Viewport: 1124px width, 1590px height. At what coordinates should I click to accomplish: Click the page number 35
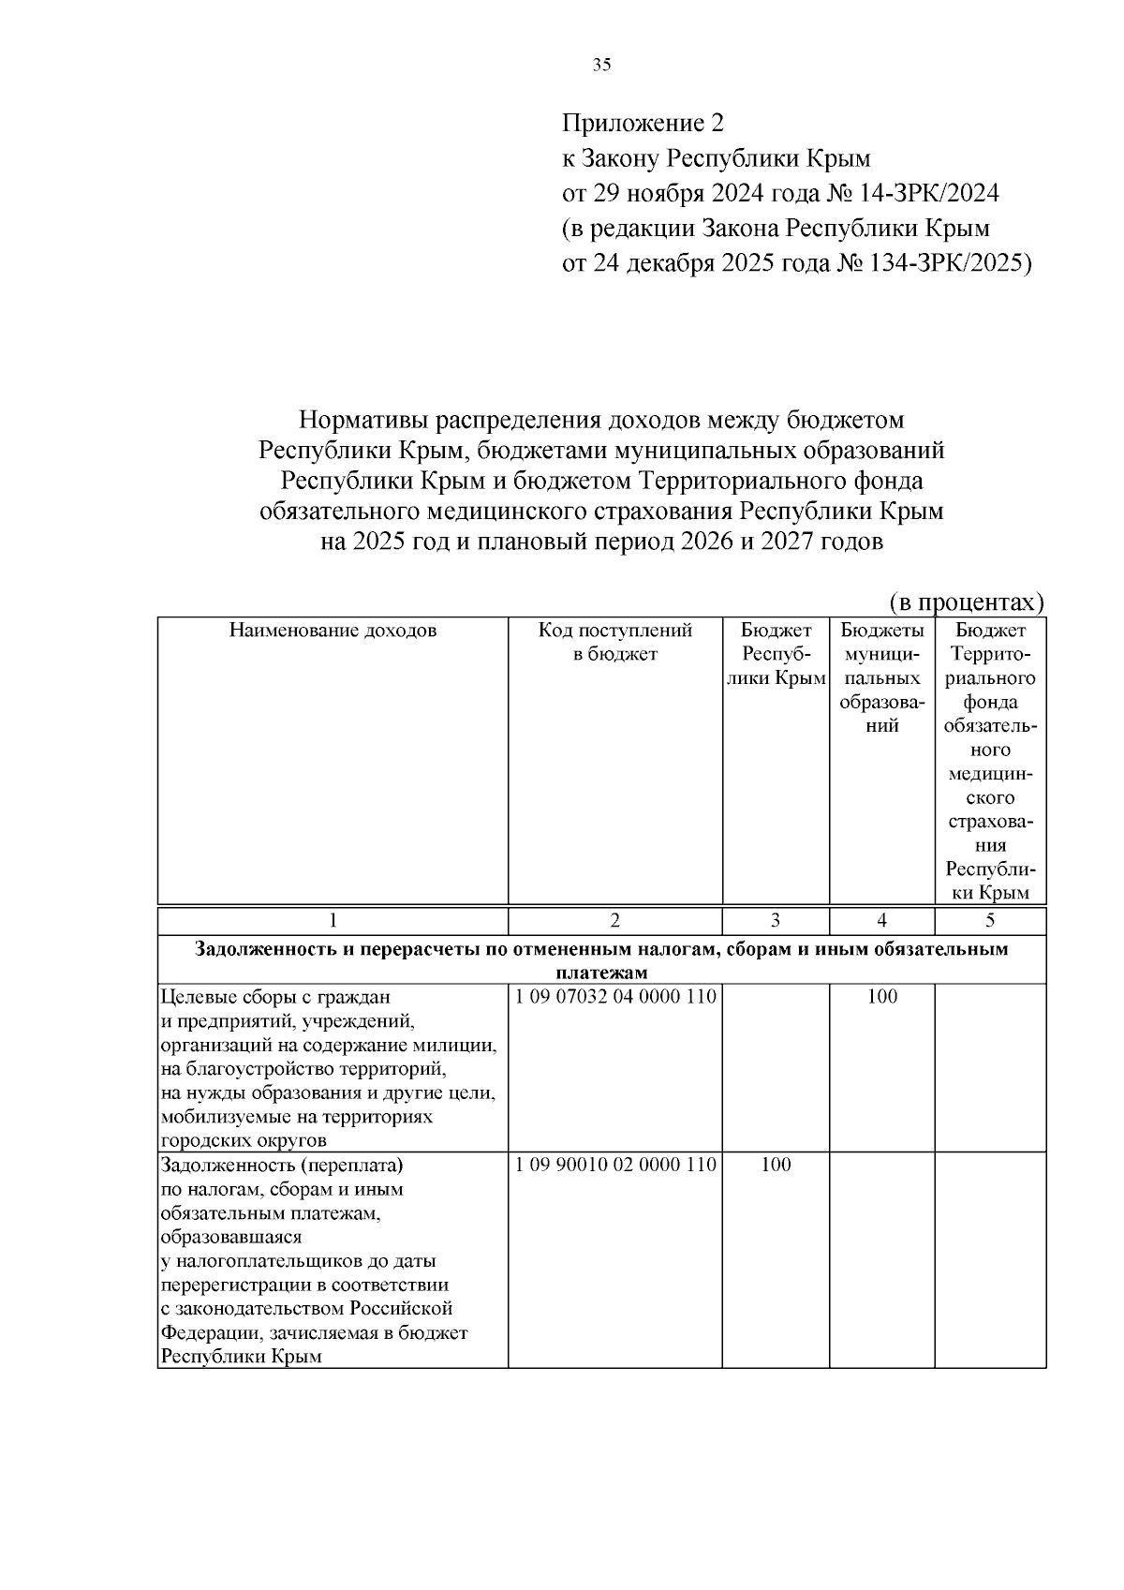pos(602,65)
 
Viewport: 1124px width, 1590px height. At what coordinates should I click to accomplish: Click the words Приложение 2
pos(643,123)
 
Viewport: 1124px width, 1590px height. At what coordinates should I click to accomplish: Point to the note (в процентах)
pos(966,602)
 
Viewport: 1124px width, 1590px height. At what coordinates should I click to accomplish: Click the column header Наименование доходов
pos(333,631)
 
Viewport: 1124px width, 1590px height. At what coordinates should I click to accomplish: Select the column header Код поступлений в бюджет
pos(614,642)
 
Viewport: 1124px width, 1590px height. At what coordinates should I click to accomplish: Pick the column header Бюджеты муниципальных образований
pos(881,677)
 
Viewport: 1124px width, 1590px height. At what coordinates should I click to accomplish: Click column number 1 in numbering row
pos(333,920)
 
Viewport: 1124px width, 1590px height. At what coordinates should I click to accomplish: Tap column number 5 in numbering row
pos(990,920)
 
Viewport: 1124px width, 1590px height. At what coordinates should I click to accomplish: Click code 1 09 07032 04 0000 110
pos(615,996)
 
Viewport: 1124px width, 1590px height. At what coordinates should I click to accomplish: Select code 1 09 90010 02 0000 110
pos(615,1165)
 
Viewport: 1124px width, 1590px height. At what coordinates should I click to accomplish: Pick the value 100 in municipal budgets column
pos(881,996)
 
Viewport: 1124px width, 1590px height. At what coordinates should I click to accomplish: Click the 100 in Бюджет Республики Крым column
pos(776,1165)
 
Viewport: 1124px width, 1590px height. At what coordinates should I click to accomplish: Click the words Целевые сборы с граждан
pos(275,996)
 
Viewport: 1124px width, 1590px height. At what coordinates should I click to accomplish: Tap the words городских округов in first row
pos(244,1141)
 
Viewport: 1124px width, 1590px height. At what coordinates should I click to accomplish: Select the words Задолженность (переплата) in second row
pos(282,1166)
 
